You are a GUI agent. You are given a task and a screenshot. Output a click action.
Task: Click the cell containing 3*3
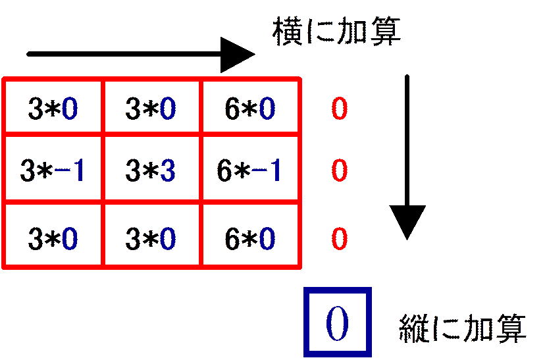point(151,168)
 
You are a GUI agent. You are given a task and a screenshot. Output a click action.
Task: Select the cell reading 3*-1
point(53,168)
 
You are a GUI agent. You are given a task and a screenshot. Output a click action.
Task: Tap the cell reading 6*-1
point(249,168)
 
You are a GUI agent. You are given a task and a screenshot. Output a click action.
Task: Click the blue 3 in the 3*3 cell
point(168,170)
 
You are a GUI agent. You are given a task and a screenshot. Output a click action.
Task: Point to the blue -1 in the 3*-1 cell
point(69,170)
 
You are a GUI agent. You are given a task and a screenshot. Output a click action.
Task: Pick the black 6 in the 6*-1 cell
point(224,170)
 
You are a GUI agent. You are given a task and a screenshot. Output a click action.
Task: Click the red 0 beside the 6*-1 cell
point(339,170)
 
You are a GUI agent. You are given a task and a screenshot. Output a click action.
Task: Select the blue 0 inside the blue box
point(337,324)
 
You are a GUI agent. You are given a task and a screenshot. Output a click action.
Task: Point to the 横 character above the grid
point(287,32)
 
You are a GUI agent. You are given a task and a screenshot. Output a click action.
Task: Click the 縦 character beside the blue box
point(413,328)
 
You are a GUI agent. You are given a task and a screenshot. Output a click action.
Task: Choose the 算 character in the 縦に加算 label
point(511,328)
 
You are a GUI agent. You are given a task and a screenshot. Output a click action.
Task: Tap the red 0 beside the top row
point(339,109)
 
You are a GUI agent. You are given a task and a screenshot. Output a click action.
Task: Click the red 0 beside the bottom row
point(339,239)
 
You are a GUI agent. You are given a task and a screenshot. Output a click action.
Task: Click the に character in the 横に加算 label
point(319,32)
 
